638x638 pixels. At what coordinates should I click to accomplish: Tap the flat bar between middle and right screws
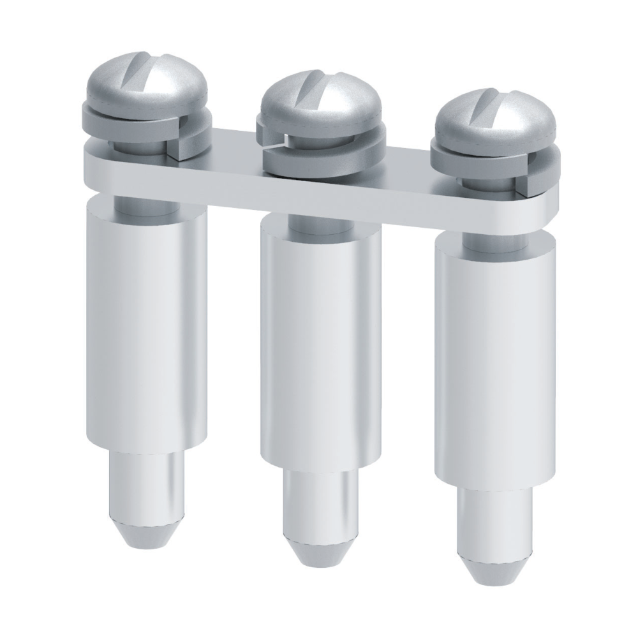(408, 185)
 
